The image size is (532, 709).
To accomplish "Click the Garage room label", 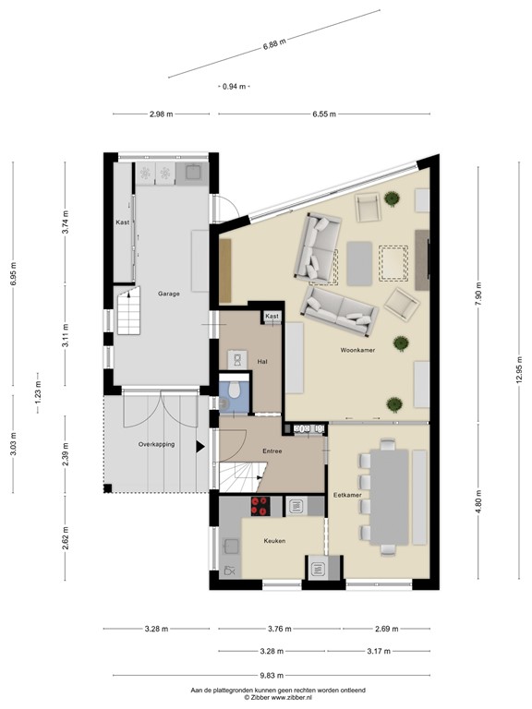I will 168,293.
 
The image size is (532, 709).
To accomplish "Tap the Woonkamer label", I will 357,351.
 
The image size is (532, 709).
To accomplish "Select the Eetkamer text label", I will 347,496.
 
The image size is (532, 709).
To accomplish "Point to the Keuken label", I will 274,541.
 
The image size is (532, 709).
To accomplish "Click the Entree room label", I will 272,451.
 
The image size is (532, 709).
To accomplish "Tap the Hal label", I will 262,361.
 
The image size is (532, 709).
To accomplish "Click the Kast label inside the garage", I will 122,223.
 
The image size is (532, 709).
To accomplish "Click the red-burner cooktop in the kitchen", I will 260,505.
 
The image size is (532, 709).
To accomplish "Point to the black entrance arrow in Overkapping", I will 199,447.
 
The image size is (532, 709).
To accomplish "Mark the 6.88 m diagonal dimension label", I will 274,42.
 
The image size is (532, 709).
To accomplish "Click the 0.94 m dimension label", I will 236,86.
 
